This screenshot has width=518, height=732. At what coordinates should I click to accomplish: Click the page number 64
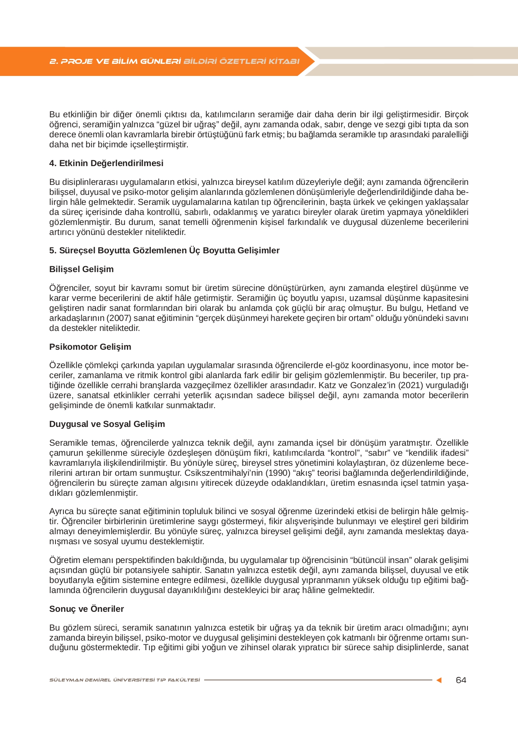tap(461, 680)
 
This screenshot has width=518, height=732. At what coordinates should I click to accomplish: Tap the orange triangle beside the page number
tap(439, 680)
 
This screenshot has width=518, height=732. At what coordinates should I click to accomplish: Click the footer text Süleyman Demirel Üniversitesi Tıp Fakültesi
tap(124, 680)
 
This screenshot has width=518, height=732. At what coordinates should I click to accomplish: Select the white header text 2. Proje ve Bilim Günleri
tap(115, 61)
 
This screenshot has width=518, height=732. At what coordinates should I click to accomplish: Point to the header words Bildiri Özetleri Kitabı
tap(242, 61)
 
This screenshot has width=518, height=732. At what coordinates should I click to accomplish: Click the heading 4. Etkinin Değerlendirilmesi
tap(106, 163)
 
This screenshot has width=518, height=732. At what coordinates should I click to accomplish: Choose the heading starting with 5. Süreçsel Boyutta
tap(164, 250)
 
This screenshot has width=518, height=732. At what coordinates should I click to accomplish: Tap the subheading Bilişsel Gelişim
tap(81, 269)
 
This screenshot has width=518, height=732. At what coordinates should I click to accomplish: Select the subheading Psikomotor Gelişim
tap(90, 347)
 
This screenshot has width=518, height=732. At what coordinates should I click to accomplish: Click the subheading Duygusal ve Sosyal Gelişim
tap(107, 424)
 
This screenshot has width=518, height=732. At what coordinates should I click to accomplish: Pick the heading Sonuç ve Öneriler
tap(86, 609)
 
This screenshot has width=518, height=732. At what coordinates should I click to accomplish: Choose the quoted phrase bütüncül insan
tap(381, 560)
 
